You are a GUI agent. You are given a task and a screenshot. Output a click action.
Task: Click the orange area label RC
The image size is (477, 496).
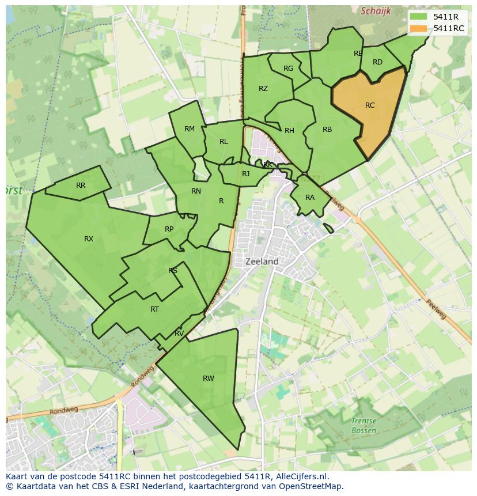coord(370,105)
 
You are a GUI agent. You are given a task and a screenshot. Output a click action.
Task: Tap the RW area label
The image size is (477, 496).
coord(209,378)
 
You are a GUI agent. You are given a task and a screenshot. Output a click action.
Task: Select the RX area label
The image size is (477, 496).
coord(89,239)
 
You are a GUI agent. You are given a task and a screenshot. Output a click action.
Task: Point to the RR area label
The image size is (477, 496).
coord(81,185)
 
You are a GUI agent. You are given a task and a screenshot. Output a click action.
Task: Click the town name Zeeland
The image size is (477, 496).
coord(262,262)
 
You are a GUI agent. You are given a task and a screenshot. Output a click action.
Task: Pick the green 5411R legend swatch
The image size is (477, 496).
coord(419,17)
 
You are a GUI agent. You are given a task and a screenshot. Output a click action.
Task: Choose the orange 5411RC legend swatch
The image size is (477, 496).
coord(419,28)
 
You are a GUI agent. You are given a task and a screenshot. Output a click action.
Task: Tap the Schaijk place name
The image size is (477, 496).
coord(376,11)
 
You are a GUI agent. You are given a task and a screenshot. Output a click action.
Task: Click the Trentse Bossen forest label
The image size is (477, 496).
coord(364,426)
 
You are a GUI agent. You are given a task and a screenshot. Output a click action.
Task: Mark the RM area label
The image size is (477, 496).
coord(190,129)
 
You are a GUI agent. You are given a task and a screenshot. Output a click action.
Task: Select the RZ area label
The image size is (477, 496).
coord(263,89)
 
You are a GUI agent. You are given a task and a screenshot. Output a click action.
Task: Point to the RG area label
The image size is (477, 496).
coord(289,69)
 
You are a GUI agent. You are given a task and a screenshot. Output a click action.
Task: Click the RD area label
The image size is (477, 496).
coord(377,62)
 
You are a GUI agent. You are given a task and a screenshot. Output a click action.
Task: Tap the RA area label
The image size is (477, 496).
coord(310,198)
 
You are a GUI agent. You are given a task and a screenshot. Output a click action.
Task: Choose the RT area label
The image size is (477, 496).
coord(154,309)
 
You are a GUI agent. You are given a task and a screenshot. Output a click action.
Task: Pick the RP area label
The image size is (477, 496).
coord(169,229)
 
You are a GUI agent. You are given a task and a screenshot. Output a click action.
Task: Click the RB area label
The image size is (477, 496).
coord(327,130)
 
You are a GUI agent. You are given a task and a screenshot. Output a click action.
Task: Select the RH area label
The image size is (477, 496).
coord(289,131)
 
